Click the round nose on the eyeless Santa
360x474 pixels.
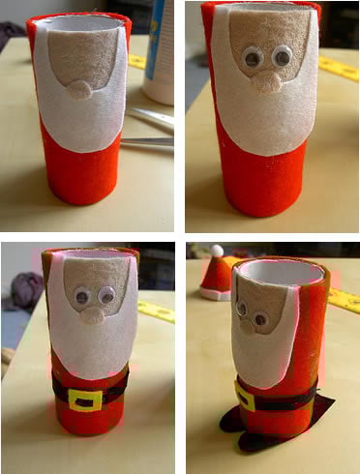click(79, 89)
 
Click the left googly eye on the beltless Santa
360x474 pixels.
click(253, 58)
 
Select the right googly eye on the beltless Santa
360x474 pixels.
click(282, 57)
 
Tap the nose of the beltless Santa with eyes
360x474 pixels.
click(266, 81)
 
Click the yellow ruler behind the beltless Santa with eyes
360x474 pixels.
click(339, 68)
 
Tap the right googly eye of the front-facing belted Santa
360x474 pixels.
click(105, 294)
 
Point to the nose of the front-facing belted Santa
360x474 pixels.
click(93, 314)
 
